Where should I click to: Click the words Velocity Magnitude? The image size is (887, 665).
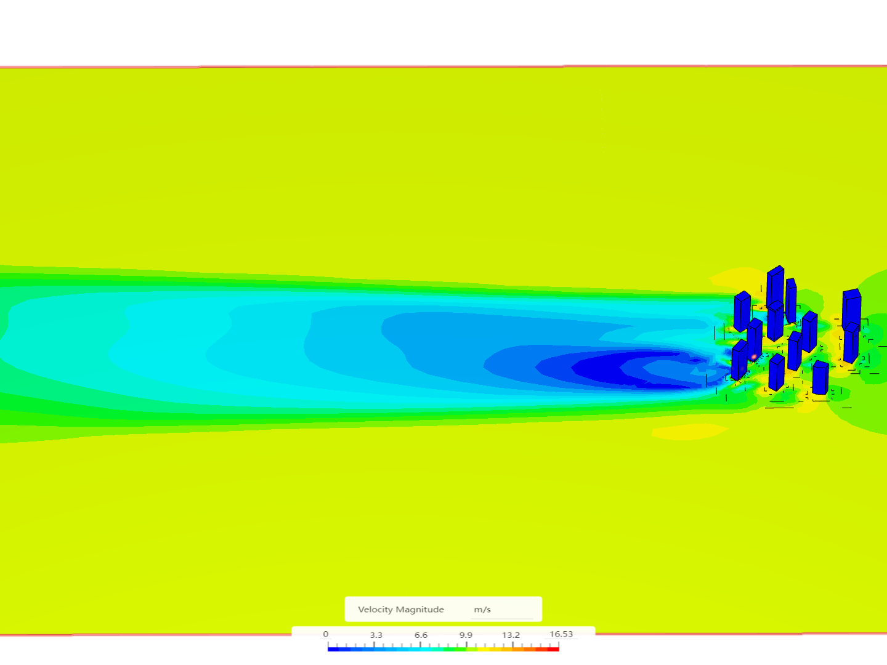coord(400,610)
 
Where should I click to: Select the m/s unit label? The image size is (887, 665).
coord(482,610)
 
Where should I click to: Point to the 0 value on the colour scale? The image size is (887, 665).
coord(326,634)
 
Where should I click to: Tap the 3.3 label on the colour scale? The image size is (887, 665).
coord(376,635)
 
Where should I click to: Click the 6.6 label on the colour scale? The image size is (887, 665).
coord(421,635)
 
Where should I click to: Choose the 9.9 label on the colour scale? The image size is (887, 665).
coord(466,635)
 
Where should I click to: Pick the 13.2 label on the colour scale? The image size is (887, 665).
coord(511,635)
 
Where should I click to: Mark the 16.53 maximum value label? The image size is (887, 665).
coord(561,634)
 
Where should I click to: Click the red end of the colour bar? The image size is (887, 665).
coord(554,649)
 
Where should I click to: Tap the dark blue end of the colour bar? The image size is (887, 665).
coord(333,649)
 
